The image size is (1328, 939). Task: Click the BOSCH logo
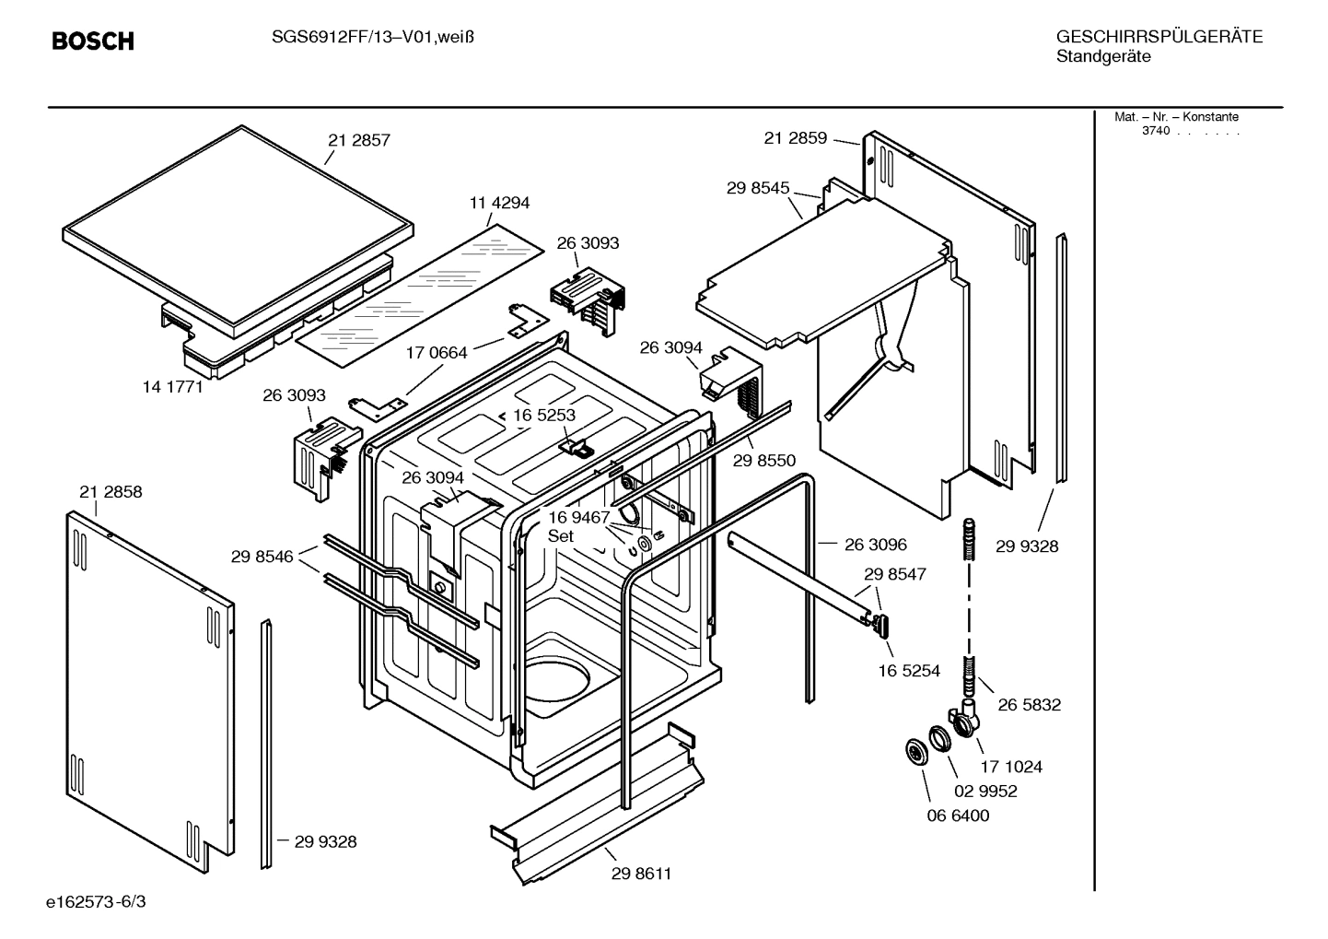92,41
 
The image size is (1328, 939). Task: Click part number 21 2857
358,140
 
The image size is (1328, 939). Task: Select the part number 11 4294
499,203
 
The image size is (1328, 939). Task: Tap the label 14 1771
172,387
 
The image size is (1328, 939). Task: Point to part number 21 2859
795,138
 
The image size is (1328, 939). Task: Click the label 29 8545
757,188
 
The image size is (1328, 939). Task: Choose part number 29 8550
763,461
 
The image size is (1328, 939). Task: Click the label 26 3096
875,545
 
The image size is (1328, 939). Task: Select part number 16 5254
908,671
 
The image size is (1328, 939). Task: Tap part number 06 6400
958,816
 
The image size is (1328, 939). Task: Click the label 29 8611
641,874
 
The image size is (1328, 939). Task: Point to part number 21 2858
111,492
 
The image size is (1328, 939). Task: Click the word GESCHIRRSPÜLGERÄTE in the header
1159,38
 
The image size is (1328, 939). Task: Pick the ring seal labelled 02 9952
939,739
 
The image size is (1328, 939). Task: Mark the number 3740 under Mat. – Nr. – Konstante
1155,131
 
